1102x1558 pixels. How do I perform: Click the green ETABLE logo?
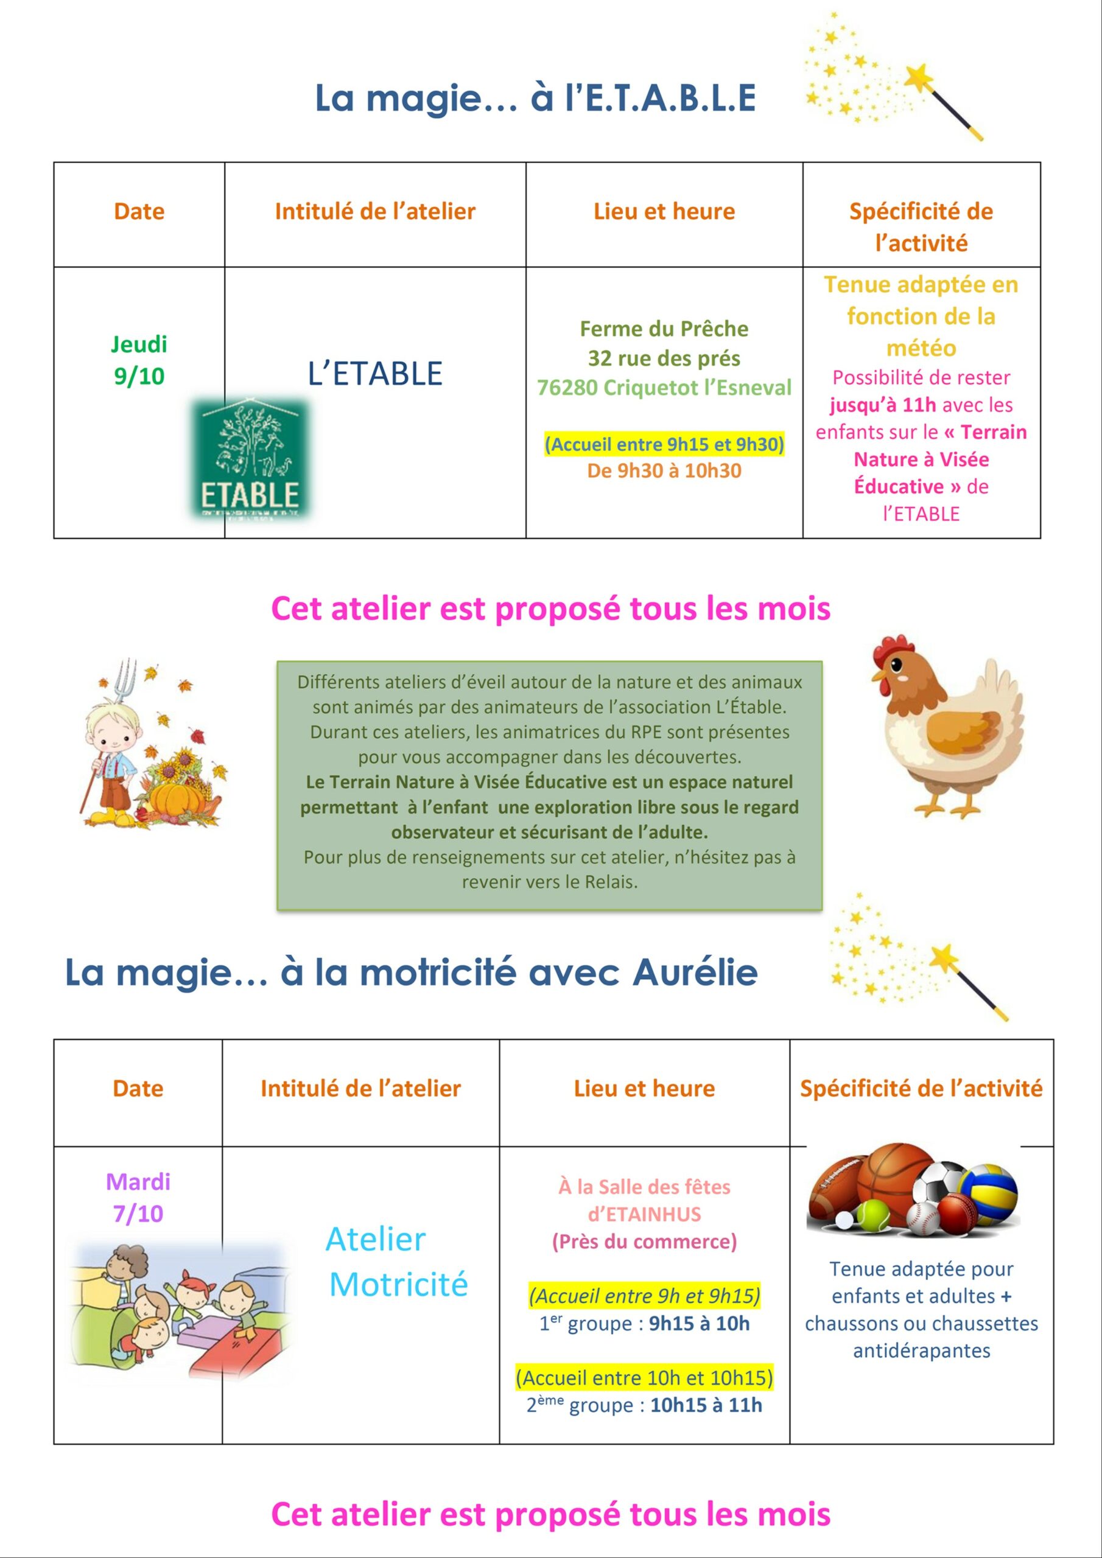[x=249, y=459]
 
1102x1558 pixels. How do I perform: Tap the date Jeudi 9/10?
[x=139, y=360]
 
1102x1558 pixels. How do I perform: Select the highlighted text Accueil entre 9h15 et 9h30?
[x=664, y=444]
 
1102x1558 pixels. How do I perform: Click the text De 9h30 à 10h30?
[x=664, y=471]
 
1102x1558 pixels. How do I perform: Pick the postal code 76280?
[x=567, y=388]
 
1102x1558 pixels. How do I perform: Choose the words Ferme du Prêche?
[x=664, y=329]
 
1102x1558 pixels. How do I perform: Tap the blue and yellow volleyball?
[x=989, y=1192]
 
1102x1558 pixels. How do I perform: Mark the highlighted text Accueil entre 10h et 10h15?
[x=644, y=1377]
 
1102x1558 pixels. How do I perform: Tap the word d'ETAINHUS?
[x=644, y=1214]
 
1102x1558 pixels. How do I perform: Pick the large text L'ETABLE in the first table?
[x=375, y=374]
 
